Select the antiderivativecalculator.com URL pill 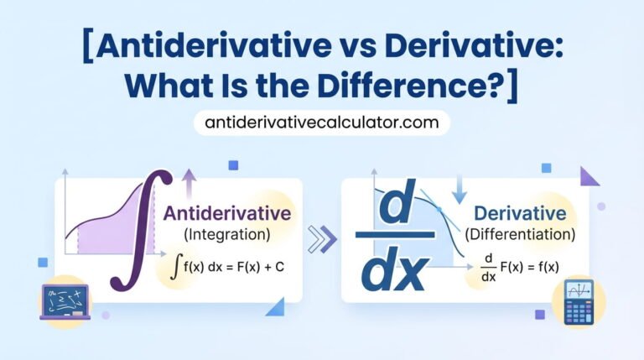pos(322,123)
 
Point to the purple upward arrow pos(190,183)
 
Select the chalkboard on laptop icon pos(65,302)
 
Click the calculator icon pos(578,302)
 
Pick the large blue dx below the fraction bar pos(395,273)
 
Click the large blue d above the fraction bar pos(394,207)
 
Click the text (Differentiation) pos(520,233)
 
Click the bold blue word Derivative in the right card pos(519,212)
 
